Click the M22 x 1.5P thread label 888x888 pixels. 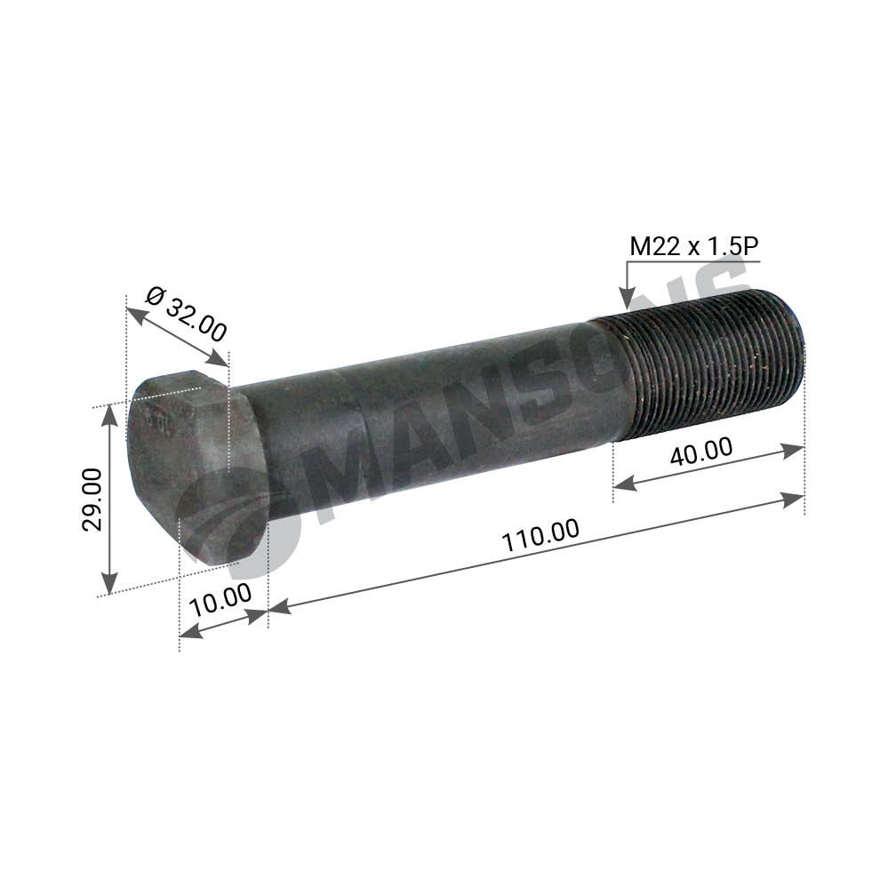pyautogui.click(x=693, y=247)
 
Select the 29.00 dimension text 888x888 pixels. pyautogui.click(x=92, y=500)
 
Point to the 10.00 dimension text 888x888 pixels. pyautogui.click(x=220, y=602)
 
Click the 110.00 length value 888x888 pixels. pyautogui.click(x=540, y=536)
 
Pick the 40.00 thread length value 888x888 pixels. pyautogui.click(x=701, y=451)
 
